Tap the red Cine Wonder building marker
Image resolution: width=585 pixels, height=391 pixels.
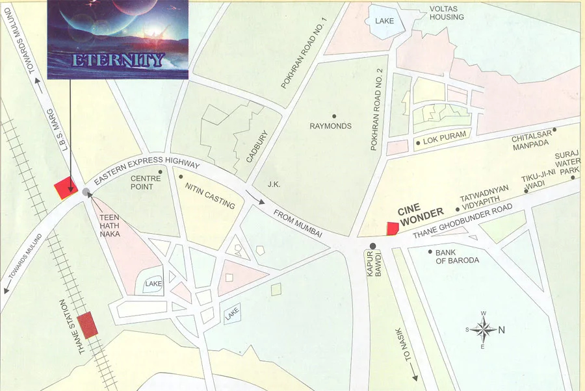pos(392,228)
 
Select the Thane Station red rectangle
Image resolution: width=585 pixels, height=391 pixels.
pos(88,323)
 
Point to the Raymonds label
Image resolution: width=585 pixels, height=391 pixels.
pos(330,126)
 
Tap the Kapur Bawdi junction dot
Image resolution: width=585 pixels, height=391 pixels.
pos(373,246)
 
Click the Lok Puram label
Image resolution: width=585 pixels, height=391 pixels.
pos(441,140)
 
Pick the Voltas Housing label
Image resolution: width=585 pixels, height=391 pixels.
pos(447,13)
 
